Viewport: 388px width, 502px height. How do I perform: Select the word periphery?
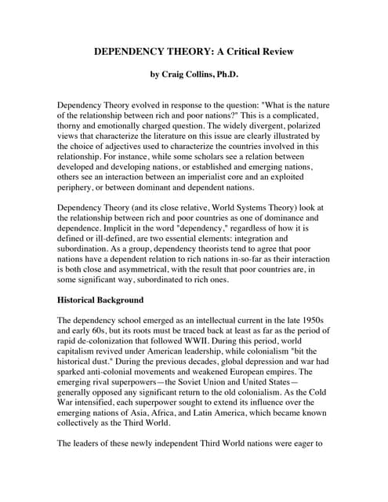pyautogui.click(x=81, y=188)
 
